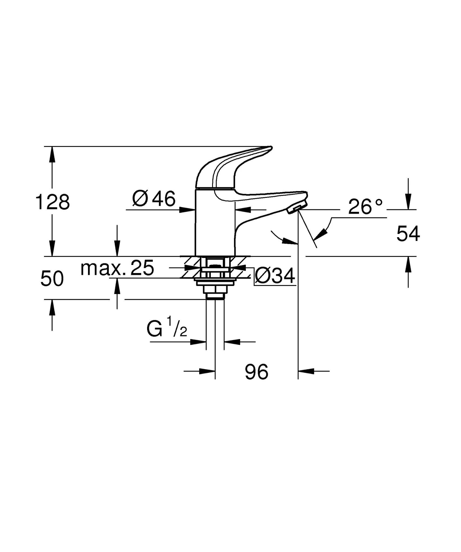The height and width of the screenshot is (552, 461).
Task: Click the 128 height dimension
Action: point(52,202)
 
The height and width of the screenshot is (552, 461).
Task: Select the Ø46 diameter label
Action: point(154,199)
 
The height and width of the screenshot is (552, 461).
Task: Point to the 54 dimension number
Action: point(408,234)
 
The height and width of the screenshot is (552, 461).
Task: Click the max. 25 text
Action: point(117,268)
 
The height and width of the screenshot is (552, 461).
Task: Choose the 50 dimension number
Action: point(52,279)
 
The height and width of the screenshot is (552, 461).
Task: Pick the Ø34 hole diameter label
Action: point(275,276)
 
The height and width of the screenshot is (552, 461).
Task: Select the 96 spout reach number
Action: point(256,372)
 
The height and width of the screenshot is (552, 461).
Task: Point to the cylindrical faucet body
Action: point(215,224)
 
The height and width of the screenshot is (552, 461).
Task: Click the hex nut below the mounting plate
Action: point(215,289)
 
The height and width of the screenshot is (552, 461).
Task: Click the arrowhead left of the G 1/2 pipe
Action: point(198,342)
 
